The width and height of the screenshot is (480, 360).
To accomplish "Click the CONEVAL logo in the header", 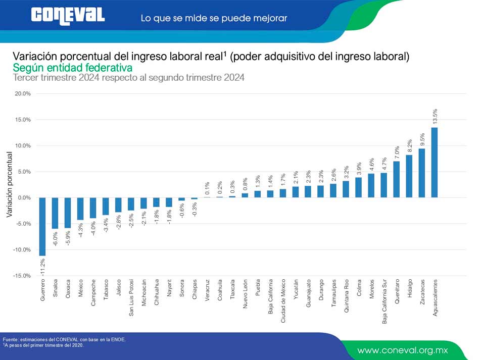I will (x=68, y=15).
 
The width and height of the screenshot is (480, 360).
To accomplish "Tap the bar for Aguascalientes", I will (x=435, y=162).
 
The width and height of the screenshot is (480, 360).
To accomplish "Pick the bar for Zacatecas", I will (x=422, y=173).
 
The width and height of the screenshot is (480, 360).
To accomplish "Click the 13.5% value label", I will (x=435, y=116).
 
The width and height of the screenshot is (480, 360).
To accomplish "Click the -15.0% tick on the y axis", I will (x=23, y=276).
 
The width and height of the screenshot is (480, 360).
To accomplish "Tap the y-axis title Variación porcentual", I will (x=9, y=184).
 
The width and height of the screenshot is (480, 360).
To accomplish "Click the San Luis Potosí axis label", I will (x=131, y=297).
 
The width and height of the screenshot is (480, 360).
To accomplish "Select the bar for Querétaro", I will (x=397, y=179).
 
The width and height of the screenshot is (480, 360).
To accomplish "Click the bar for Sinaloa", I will (x=55, y=213).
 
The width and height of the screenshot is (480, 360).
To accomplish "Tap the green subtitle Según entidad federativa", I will (x=72, y=67).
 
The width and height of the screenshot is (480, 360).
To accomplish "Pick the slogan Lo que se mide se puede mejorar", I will (x=214, y=18).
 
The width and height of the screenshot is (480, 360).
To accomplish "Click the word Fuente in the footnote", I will (x=11, y=339).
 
